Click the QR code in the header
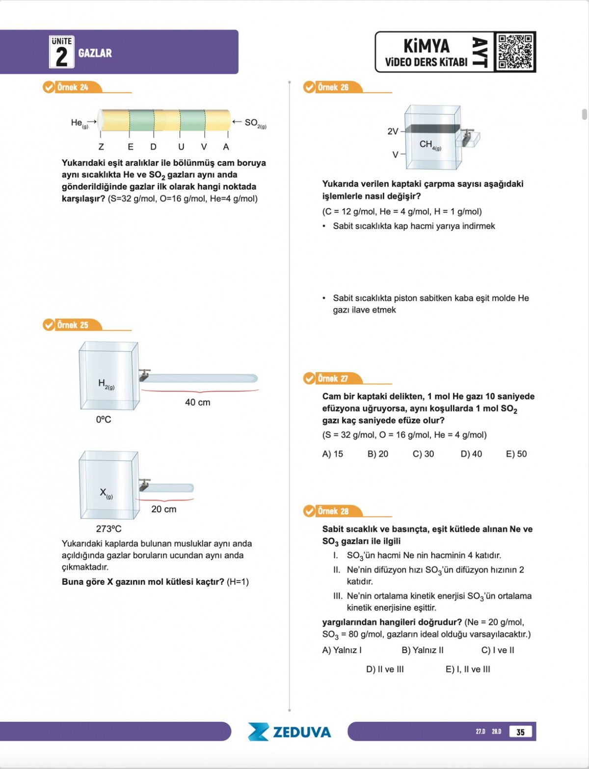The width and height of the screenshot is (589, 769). point(514,52)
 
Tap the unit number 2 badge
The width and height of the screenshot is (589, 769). point(61,52)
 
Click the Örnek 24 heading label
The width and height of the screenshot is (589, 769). point(72,87)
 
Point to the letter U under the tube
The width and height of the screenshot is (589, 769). point(181,147)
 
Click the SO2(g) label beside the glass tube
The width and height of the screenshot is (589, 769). point(255,123)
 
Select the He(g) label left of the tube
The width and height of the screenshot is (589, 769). point(79,123)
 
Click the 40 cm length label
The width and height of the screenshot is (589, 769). point(197,402)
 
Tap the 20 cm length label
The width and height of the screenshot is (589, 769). point(163,509)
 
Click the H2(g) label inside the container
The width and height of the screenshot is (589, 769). point(106,384)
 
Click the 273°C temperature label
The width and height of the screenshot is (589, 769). point(108,529)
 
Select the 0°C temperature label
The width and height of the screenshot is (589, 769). point(104,420)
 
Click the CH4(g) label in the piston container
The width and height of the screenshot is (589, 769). point(430,145)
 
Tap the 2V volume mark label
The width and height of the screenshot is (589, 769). point(393,132)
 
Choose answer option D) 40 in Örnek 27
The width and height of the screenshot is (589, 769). point(471,454)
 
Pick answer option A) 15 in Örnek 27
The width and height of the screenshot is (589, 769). point(332,454)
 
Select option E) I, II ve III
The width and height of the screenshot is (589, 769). point(467,669)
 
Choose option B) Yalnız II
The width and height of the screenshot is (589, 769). point(422,650)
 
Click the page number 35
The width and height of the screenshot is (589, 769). point(520,732)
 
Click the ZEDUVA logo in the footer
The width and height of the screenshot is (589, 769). point(290,732)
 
